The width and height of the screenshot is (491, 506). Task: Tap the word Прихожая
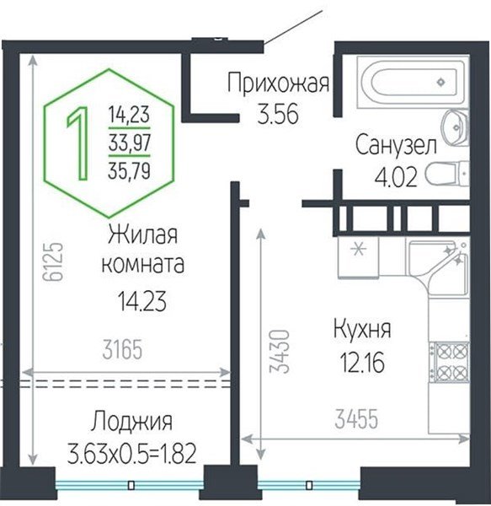tap(277, 83)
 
